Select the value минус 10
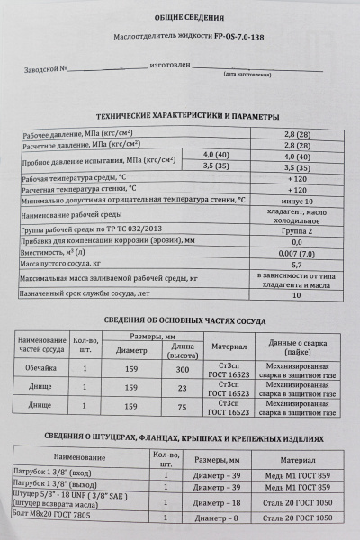[296, 203]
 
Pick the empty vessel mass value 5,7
[296, 265]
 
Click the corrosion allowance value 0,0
[296, 241]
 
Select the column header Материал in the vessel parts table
[221, 346]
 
